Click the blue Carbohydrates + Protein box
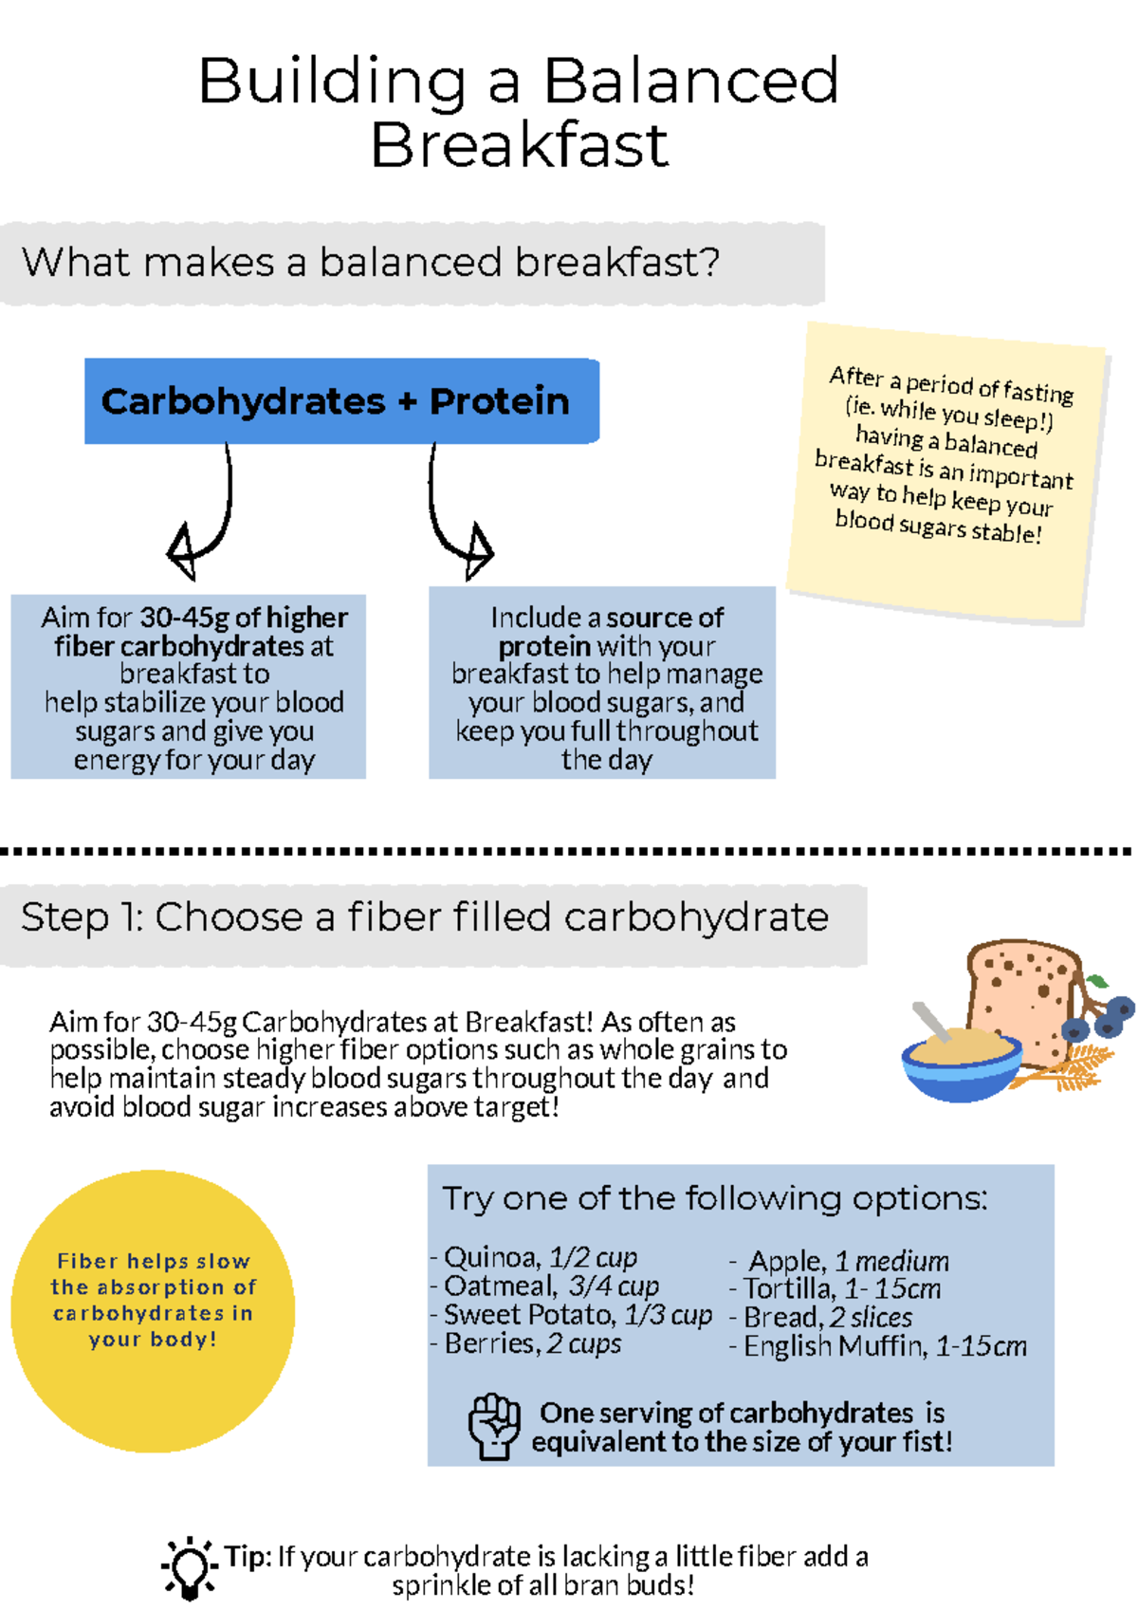tap(341, 401)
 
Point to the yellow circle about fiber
tap(153, 1310)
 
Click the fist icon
tap(494, 1425)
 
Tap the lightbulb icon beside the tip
tap(189, 1567)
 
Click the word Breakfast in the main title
tap(520, 145)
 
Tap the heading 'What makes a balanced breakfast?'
tap(371, 263)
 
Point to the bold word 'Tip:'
tap(248, 1556)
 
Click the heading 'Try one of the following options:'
tap(714, 1198)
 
